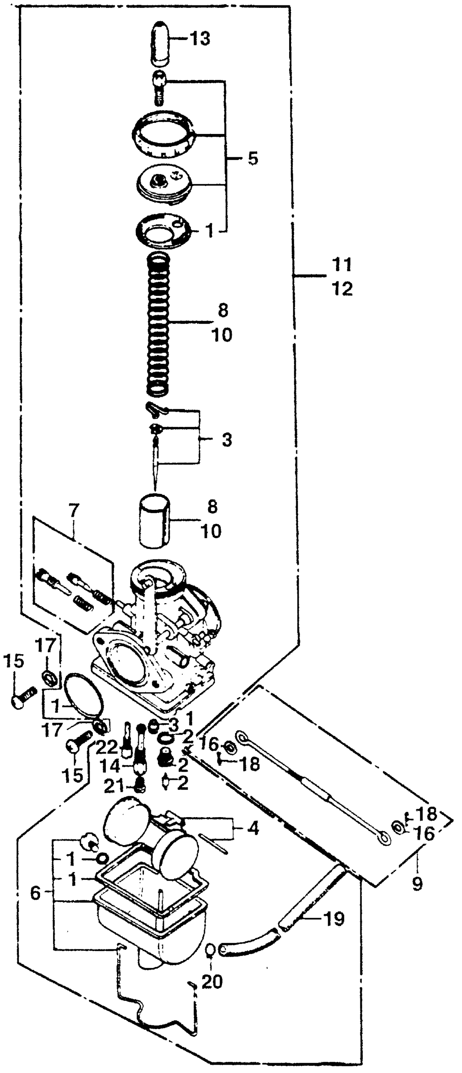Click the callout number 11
(342, 265)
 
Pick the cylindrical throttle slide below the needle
(154, 521)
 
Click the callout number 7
(73, 511)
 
